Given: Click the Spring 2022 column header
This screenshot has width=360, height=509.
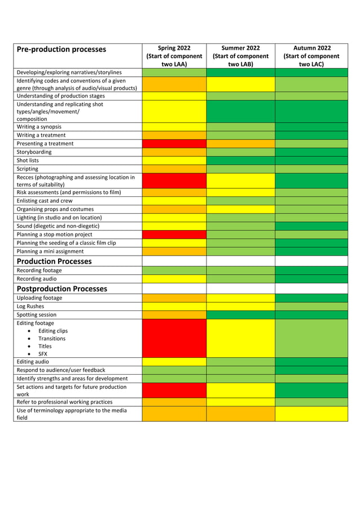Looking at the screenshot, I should tap(174, 56).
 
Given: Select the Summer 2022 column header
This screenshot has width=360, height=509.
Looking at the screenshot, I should tap(240, 56).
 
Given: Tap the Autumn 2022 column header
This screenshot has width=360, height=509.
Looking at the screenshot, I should tap(311, 56).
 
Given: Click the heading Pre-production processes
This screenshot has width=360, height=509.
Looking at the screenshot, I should tap(62, 50).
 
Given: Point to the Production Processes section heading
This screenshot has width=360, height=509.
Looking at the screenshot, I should tap(54, 261).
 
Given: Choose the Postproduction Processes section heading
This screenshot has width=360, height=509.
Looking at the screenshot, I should tap(62, 288).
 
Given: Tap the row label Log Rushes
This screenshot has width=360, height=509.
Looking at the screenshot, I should tap(30, 306).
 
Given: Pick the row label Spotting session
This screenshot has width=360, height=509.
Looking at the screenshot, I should tap(36, 315).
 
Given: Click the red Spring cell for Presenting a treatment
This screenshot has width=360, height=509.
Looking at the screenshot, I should tap(174, 144).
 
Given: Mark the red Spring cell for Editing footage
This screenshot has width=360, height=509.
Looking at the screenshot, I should tap(174, 338).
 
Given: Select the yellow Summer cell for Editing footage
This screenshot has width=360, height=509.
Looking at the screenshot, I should tap(240, 338).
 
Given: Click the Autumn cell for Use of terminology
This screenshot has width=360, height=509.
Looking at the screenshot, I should tap(311, 414).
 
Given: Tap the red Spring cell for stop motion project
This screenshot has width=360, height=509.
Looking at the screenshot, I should tap(174, 234).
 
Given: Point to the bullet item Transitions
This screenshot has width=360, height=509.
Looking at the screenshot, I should tap(52, 339).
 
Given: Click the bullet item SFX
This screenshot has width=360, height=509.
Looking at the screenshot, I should tap(43, 354).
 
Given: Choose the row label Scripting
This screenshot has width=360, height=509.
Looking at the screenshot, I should tap(28, 169).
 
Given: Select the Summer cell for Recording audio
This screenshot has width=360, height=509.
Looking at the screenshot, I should tap(240, 279).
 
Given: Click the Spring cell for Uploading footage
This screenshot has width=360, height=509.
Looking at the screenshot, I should tap(174, 298).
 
